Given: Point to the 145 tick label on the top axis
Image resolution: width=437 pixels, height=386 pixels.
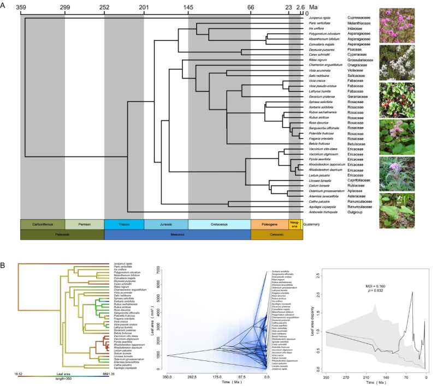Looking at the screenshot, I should click(188, 8).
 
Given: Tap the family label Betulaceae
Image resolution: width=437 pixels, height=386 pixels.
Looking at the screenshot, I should click(359, 143).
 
